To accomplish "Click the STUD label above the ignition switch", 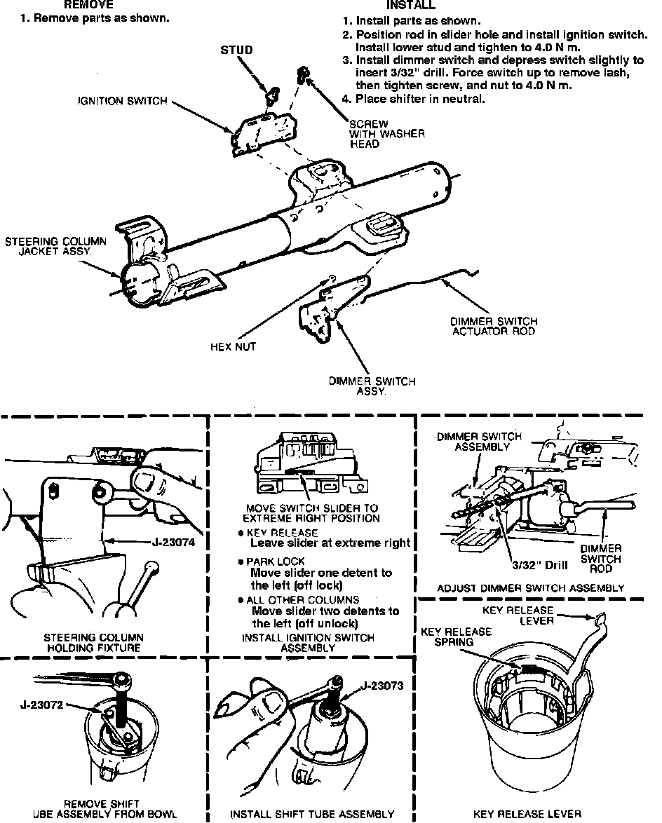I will [236, 50].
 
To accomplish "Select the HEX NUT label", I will [234, 346].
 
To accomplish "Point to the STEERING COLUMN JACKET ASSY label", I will [56, 247].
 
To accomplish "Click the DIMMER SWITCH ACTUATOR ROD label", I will [494, 326].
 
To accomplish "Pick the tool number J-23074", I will [173, 541].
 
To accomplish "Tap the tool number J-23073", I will [383, 686].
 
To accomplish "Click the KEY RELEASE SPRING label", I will [456, 637].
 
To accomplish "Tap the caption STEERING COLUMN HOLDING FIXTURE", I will [93, 643].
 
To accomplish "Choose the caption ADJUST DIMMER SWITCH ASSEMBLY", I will [530, 588].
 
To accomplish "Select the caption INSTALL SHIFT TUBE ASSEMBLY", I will [312, 814].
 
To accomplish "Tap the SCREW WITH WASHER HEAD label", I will [386, 134].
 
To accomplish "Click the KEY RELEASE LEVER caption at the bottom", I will [527, 814].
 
